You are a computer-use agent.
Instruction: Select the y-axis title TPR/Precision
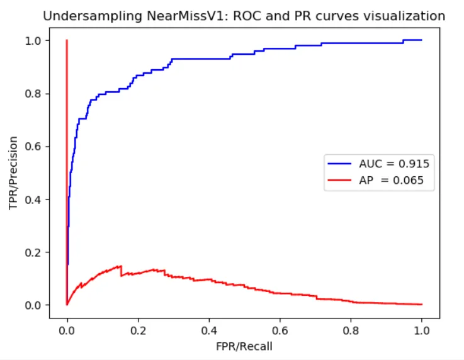click(x=13, y=173)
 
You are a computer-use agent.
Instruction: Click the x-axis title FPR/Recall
click(x=244, y=346)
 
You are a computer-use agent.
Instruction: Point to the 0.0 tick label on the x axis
click(x=67, y=329)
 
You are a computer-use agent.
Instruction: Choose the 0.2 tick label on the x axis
click(x=138, y=329)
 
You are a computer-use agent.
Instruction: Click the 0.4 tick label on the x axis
click(x=209, y=329)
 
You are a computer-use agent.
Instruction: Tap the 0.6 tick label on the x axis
click(x=280, y=329)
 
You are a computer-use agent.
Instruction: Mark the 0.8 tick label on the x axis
click(x=351, y=329)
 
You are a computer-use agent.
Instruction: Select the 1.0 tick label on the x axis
click(x=422, y=329)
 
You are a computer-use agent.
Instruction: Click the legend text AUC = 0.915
click(x=394, y=164)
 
